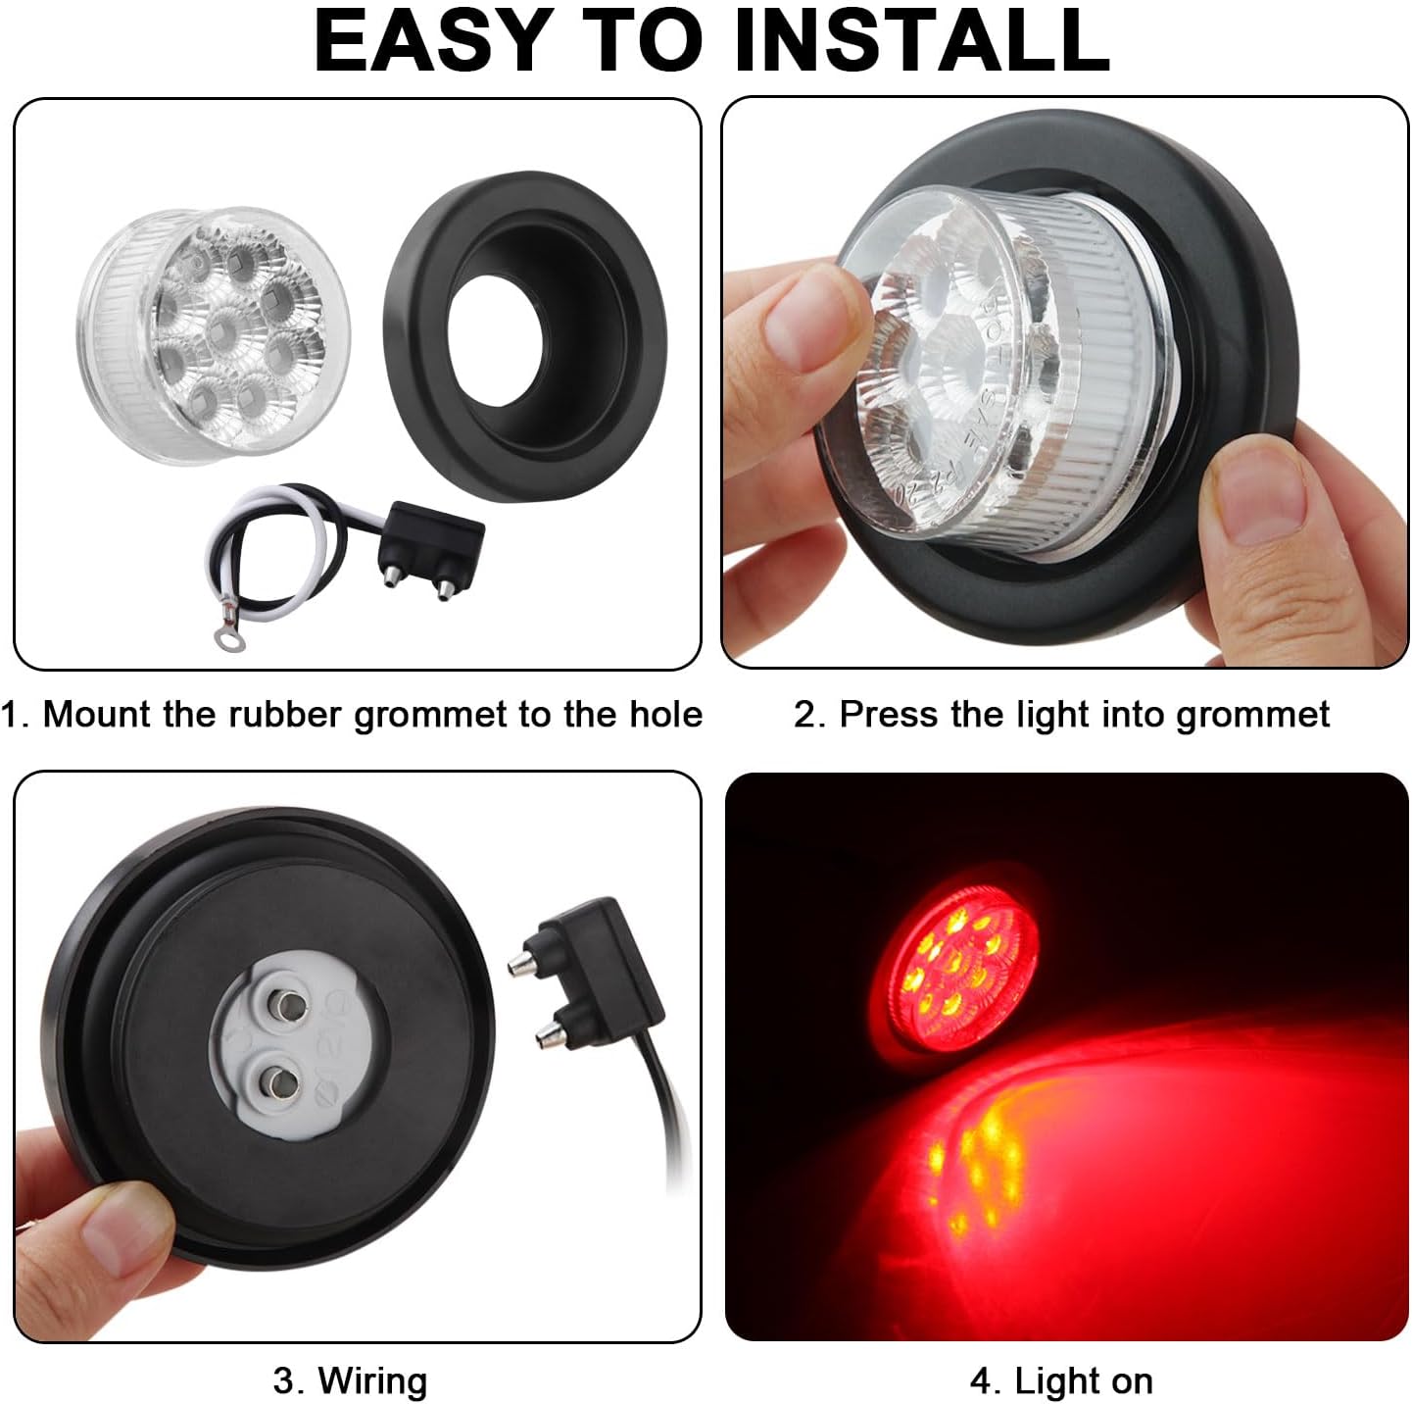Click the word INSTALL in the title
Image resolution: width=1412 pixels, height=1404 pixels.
click(921, 41)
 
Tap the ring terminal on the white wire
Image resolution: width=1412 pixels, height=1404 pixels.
click(228, 639)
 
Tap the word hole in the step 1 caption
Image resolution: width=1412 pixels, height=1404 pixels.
click(666, 714)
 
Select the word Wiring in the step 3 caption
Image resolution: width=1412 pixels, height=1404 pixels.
click(372, 1380)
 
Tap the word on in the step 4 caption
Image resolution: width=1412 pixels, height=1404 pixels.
click(1132, 1380)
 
